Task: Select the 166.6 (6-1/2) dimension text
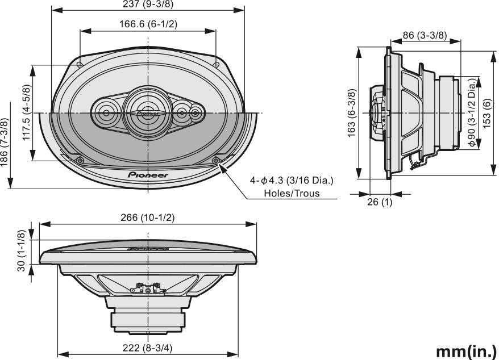pos(148,24)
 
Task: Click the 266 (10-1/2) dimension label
pos(148,218)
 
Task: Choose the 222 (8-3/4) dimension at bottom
pos(148,348)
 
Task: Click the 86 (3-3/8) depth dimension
pos(424,35)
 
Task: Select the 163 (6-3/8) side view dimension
pos(351,114)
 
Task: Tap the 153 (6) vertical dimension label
pos(487,114)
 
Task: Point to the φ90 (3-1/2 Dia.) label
pos(472,114)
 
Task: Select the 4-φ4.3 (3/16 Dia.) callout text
pos(292,181)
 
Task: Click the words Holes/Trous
pos(292,193)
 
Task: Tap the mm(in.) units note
pos(466,350)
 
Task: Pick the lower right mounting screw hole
pos(215,161)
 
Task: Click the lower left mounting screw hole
pos(80,161)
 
